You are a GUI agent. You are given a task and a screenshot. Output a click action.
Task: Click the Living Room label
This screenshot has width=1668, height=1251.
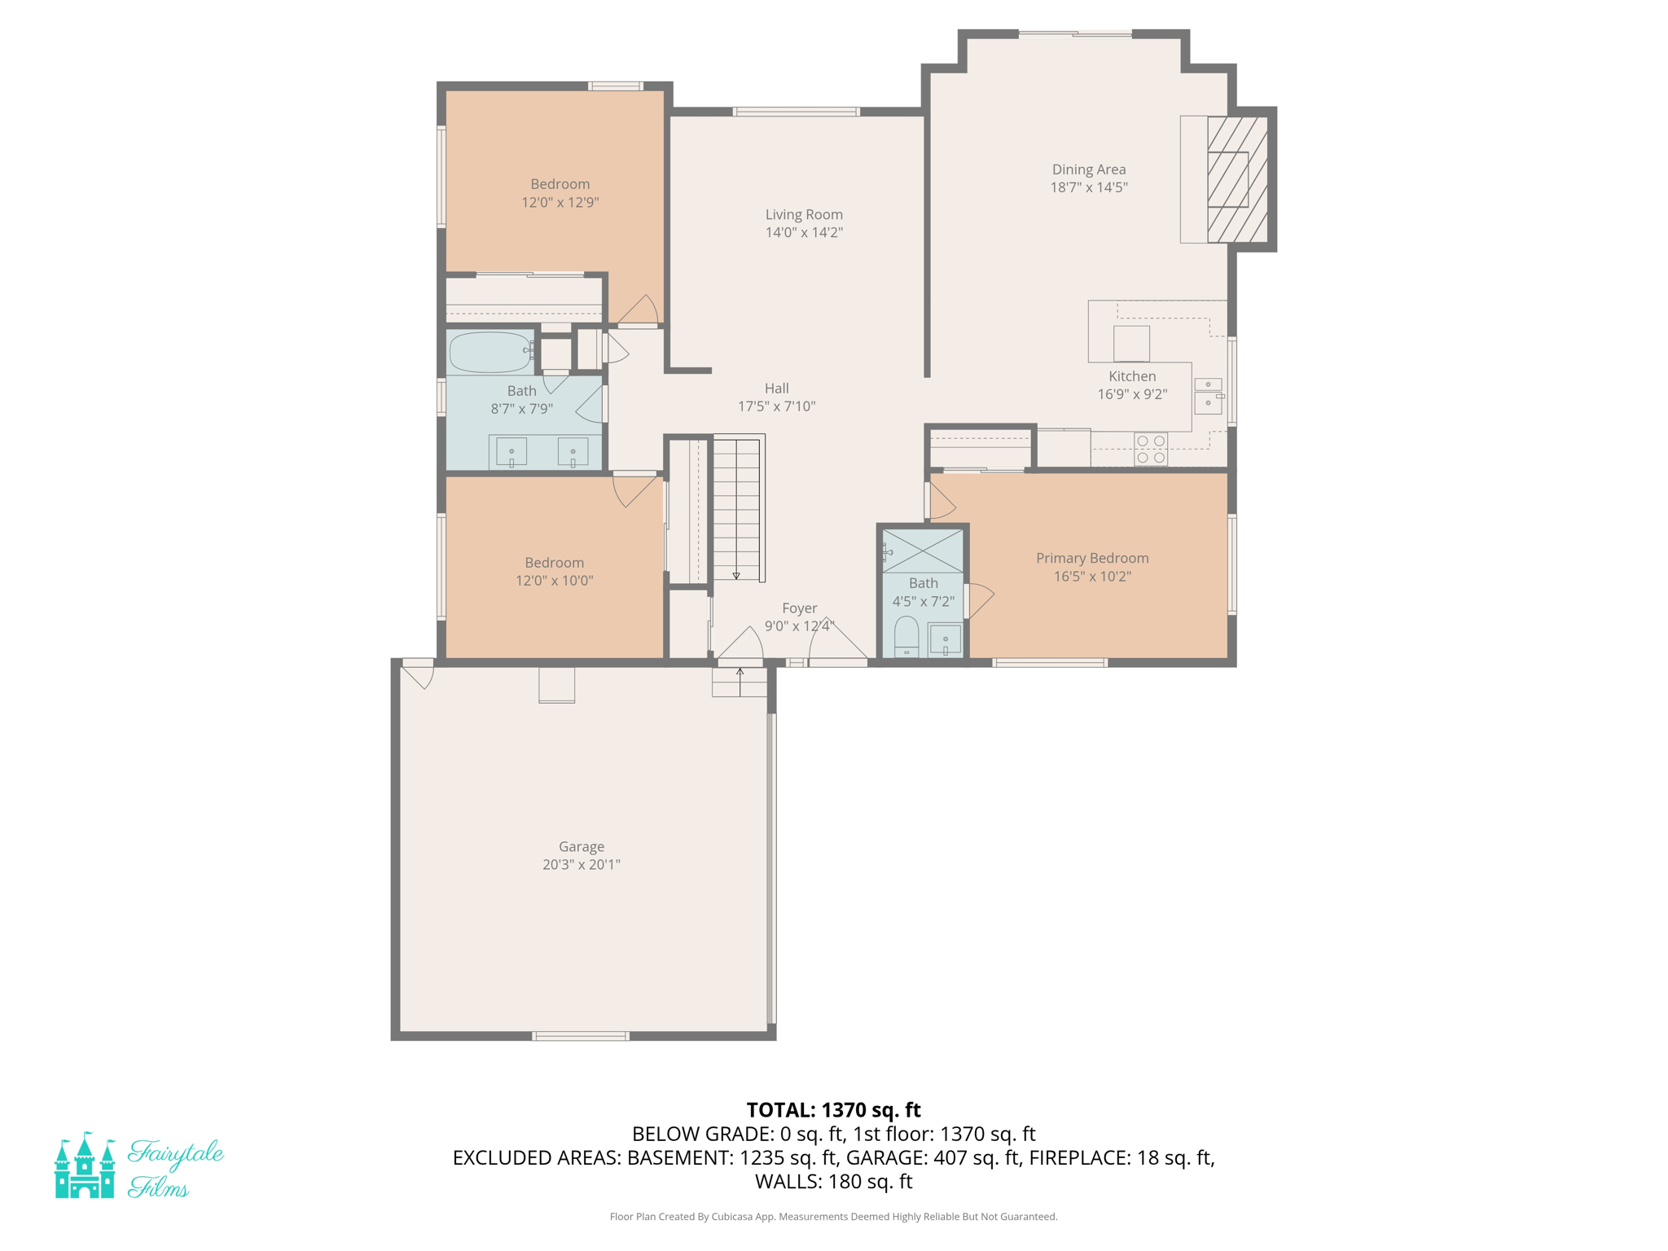[803, 214]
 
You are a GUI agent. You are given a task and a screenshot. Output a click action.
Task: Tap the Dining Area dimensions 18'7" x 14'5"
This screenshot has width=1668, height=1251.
[1088, 187]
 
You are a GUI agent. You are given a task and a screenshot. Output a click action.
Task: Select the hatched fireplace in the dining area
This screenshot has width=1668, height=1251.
[1236, 180]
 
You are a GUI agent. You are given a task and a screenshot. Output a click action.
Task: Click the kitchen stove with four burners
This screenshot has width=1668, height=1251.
[1150, 449]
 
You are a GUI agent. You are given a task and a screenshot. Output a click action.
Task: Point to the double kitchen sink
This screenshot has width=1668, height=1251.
[1208, 395]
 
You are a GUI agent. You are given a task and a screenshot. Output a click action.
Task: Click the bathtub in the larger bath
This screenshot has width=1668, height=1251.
[489, 353]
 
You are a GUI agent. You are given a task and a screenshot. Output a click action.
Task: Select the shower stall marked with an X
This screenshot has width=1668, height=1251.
[922, 551]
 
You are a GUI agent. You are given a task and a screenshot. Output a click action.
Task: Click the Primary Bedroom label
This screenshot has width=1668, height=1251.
[1091, 558]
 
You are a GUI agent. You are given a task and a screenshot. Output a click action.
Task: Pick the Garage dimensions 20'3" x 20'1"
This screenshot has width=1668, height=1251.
[581, 864]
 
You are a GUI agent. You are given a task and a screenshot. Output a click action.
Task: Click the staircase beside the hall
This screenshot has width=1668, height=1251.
[736, 509]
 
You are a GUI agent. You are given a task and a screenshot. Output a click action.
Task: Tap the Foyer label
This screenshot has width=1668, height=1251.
[799, 608]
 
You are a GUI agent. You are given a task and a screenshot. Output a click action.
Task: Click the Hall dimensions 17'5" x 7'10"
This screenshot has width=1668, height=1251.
[776, 406]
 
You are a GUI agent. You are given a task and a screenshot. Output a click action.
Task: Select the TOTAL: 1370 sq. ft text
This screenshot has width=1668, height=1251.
[833, 1109]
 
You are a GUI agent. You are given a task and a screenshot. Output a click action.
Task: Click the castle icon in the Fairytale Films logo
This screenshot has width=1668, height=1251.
[85, 1166]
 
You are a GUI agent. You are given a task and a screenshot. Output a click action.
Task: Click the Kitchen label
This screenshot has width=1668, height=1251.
[1132, 376]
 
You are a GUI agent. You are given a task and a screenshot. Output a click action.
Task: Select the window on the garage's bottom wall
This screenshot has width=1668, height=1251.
[581, 1036]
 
